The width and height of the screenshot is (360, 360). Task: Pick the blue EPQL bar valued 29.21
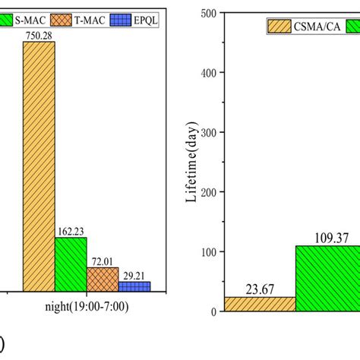tap(134, 286)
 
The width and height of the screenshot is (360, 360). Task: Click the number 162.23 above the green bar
tap(71, 231)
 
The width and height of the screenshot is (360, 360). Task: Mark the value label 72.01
tap(103, 261)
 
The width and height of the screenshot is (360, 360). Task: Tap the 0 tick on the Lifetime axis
tap(210, 311)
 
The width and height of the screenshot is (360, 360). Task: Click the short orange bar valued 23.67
tap(258, 304)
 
